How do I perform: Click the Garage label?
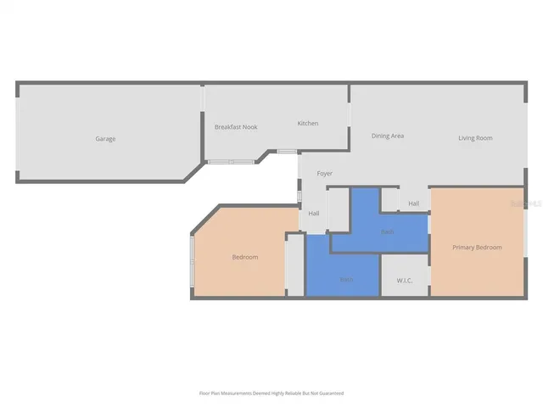(x=105, y=138)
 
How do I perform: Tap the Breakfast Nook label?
(x=236, y=127)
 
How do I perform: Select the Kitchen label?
(x=307, y=124)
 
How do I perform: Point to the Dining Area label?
(x=387, y=136)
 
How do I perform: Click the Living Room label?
(x=475, y=138)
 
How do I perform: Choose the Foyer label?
(x=324, y=174)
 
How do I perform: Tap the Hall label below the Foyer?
(x=314, y=214)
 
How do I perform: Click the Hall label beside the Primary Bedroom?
(x=413, y=203)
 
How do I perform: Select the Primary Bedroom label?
(x=477, y=248)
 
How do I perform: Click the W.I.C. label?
(x=404, y=281)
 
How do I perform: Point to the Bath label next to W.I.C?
(x=345, y=278)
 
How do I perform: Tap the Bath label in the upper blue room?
(x=387, y=231)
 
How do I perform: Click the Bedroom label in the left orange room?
(x=244, y=257)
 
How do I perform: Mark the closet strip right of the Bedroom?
(x=294, y=265)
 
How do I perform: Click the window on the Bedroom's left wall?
(x=193, y=265)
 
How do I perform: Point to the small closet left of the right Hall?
(x=389, y=200)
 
